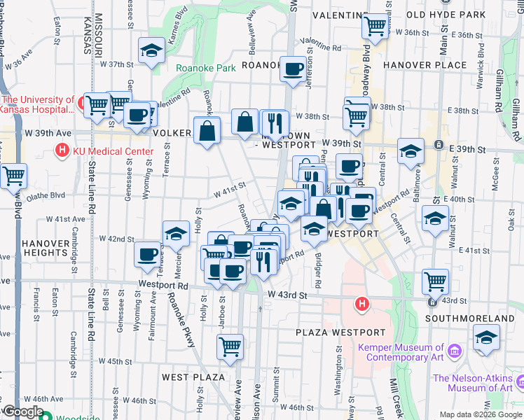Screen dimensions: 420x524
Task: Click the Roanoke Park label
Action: pos(205,69)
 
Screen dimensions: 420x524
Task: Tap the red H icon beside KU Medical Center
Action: pos(63,150)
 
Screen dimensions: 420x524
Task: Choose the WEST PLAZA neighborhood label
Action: pos(193,377)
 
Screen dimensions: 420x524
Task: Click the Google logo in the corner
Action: pos(22,412)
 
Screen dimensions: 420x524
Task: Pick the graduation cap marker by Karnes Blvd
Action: pos(151,52)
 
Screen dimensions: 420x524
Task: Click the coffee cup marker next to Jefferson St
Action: pos(294,69)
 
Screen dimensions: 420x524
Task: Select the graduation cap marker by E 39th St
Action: pos(411,151)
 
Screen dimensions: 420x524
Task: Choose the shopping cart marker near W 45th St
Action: pos(230,346)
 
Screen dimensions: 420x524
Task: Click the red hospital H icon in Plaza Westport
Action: pos(361,304)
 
